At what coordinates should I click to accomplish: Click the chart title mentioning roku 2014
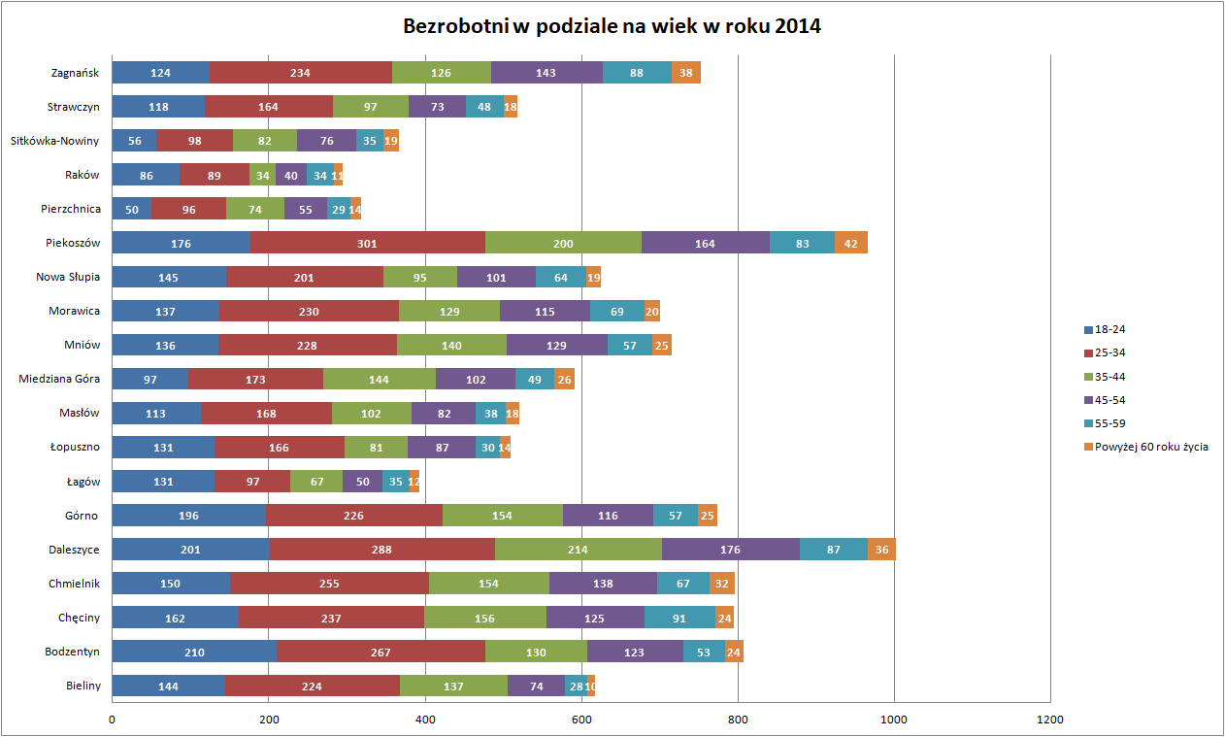tap(612, 26)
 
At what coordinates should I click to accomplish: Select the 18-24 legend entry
tap(1111, 329)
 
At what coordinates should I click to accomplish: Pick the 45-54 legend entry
tap(1111, 400)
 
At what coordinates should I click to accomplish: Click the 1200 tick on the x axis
tap(1050, 720)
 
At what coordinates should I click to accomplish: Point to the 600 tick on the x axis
tap(581, 720)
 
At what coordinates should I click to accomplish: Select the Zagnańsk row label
tap(75, 73)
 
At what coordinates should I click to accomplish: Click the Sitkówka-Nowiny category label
tap(55, 141)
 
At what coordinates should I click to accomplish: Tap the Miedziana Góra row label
tap(59, 379)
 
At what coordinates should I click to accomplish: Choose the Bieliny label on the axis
tap(83, 686)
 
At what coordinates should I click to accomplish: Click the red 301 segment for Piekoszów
tap(367, 243)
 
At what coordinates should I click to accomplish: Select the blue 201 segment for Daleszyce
tap(190, 550)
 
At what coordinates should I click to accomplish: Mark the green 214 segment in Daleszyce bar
tap(579, 550)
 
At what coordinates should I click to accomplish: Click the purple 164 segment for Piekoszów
tap(705, 243)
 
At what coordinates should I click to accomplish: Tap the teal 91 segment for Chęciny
tap(679, 618)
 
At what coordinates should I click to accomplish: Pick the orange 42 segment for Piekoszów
tap(851, 243)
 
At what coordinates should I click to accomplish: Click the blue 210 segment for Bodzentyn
tap(194, 652)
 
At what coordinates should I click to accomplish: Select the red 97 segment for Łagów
tap(252, 482)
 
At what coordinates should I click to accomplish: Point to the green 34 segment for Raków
tap(262, 175)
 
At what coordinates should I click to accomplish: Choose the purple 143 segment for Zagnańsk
tap(546, 73)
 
